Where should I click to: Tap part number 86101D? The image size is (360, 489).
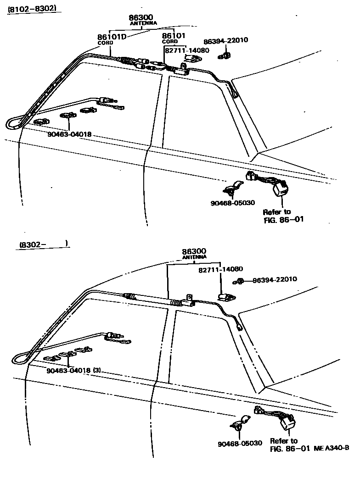click(111, 36)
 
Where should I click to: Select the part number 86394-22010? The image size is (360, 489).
click(226, 40)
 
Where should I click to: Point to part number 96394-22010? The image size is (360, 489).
click(275, 279)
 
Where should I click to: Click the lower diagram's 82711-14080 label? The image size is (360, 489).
click(220, 269)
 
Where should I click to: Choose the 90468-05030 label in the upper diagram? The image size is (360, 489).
click(232, 202)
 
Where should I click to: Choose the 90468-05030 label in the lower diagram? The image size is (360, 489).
click(240, 443)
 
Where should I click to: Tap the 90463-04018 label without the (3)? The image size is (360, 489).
click(69, 134)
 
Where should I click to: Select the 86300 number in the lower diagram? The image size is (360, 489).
click(194, 251)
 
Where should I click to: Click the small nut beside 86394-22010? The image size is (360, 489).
click(225, 56)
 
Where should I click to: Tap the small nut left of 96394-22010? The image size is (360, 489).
click(239, 281)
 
